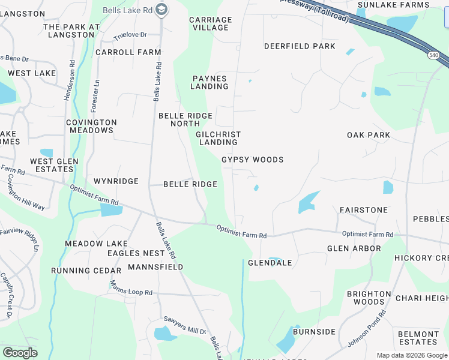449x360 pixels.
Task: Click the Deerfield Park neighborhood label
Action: coord(300,46)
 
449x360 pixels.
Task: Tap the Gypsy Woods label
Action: coord(252,160)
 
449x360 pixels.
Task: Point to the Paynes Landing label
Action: coord(209,82)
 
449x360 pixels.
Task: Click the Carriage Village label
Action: coord(210,23)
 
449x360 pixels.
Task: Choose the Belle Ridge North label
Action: coord(185,119)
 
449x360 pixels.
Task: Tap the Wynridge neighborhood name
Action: coord(116,181)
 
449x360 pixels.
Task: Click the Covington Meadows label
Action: coord(91,126)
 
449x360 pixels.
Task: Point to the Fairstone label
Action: coord(364,210)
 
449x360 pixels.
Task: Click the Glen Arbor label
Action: coord(354,248)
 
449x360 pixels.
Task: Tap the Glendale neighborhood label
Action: coord(270,263)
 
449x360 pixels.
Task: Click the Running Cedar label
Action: coord(83,271)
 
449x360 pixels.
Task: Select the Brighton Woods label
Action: coord(369,298)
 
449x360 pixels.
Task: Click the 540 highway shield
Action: coord(433,55)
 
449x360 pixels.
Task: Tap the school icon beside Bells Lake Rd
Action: coord(161,9)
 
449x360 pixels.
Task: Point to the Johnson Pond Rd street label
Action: coord(367,329)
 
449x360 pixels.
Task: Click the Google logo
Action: coord(20,353)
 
